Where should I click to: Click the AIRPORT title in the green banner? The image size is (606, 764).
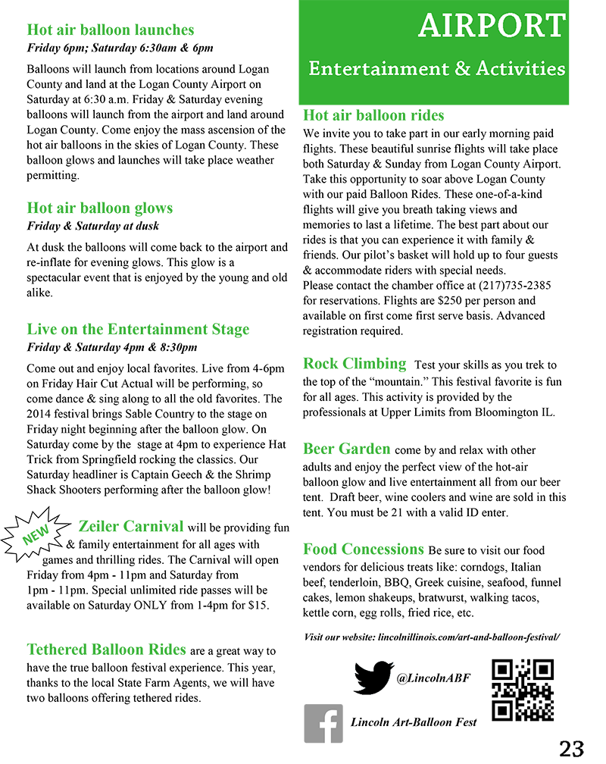coord(492,27)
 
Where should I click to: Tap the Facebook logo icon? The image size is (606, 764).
coord(323,723)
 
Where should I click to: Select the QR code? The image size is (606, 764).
coord(523,690)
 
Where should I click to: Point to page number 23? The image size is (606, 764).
coord(572,748)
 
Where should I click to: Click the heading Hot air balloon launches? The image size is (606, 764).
coord(111,30)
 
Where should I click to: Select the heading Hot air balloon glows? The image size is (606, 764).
coord(100,208)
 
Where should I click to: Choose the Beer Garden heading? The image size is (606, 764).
coord(347,449)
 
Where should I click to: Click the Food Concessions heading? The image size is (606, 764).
coord(364,549)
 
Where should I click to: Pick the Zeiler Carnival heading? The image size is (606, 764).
coord(131,526)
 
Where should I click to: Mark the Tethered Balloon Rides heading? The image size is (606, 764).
coord(106,650)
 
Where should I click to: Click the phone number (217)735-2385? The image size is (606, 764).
coord(514,286)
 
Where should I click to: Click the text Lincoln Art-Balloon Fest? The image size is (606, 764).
coord(414,722)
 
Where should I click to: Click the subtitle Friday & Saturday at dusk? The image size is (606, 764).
coord(93,226)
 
